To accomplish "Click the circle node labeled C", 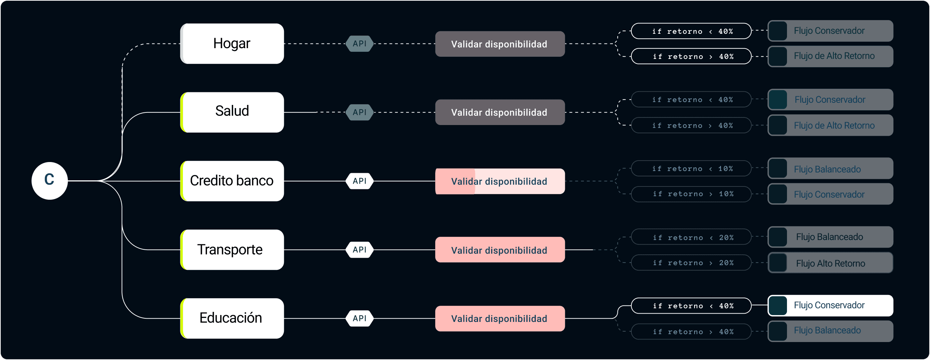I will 50,181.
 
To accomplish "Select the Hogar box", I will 232,44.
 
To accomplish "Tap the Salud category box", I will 232,112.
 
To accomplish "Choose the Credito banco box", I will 232,181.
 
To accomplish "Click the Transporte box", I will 232,249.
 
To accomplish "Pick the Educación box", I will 232,318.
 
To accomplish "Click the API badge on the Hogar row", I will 359,44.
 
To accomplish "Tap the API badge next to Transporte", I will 359,249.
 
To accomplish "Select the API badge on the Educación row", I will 359,318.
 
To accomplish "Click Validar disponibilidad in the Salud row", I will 499,112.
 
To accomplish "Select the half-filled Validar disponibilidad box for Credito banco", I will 499,181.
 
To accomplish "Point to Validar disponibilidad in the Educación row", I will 499,318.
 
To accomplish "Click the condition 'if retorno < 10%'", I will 691,168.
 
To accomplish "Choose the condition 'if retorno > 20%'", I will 691,263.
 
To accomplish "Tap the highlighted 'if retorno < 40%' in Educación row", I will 691,305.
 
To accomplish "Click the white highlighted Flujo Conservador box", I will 830,305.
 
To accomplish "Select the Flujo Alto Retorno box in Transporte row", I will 830,263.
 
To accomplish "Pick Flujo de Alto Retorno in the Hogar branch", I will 830,56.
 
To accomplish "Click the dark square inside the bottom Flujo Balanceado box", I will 778,331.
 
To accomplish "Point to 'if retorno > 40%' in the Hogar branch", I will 691,56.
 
